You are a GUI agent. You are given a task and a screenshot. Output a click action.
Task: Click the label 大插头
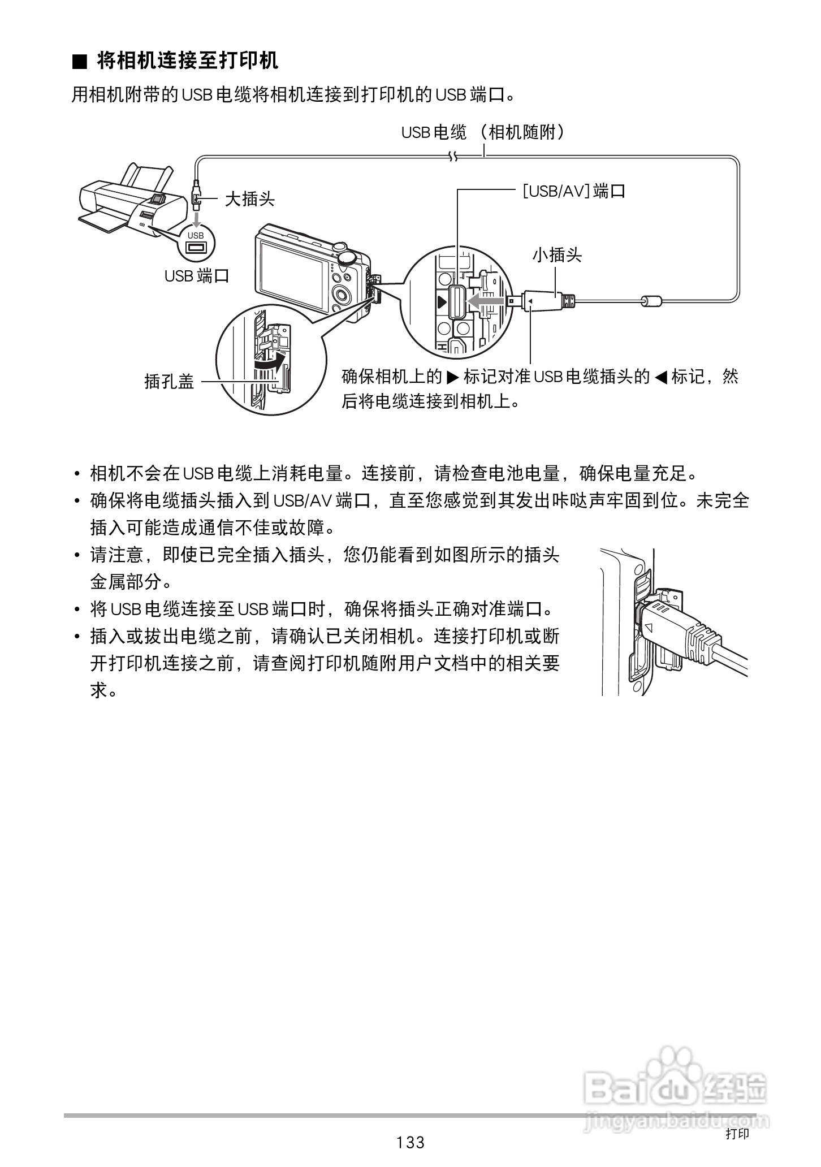click(x=249, y=199)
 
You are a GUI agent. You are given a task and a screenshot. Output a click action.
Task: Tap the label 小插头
click(x=557, y=255)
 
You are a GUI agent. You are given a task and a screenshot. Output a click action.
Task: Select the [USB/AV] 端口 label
click(x=573, y=191)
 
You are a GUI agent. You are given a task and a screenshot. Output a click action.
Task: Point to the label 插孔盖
click(x=169, y=382)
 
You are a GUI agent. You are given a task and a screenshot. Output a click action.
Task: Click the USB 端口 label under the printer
click(x=196, y=276)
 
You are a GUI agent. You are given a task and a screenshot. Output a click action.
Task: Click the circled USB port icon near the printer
click(x=196, y=243)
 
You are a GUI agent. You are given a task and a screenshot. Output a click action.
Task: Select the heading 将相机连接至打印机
click(x=188, y=60)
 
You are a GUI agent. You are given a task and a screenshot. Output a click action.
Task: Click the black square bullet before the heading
click(x=80, y=62)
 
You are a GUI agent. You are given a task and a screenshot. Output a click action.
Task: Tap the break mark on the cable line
click(x=452, y=155)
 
